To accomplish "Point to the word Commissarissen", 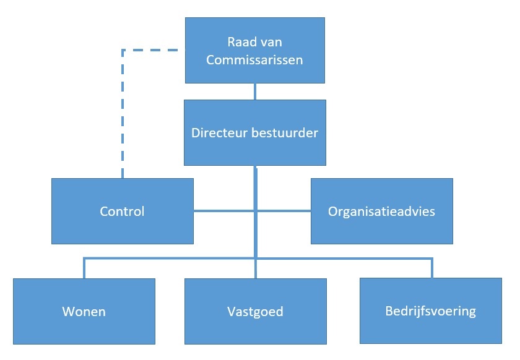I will pos(255,60).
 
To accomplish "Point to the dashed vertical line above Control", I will pos(123,118).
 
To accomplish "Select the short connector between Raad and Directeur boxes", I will pos(255,91).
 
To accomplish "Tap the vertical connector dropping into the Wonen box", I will pos(84,268).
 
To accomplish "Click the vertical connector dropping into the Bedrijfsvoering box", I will pos(431,268).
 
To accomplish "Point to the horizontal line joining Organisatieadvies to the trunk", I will pos(284,211).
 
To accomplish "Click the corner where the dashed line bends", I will pos(123,49).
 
